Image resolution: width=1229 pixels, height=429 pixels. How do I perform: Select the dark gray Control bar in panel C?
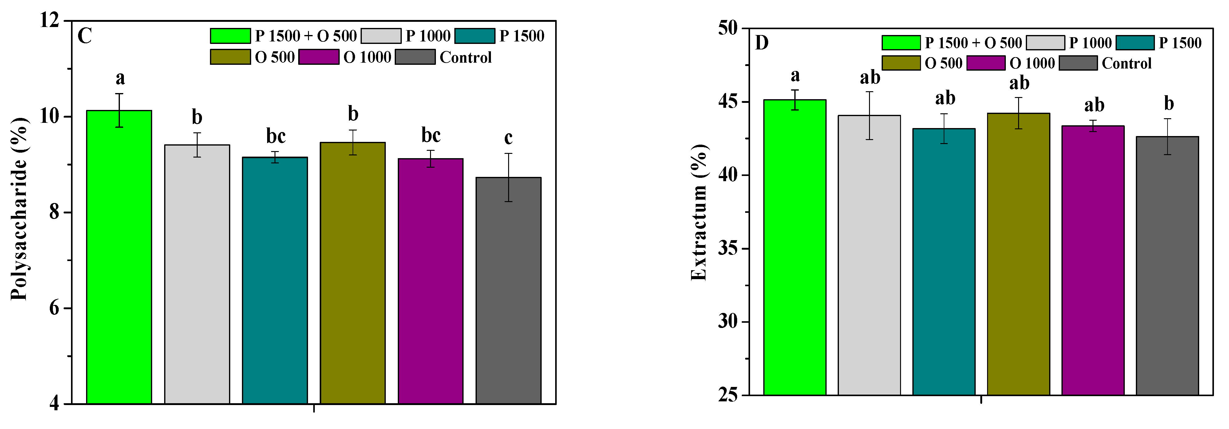click(508, 291)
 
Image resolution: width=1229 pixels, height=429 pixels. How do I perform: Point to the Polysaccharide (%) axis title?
click(20, 209)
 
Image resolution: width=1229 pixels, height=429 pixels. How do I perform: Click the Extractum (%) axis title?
click(699, 212)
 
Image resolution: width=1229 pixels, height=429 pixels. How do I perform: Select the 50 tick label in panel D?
click(728, 28)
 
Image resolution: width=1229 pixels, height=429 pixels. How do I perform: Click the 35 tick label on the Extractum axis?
click(728, 248)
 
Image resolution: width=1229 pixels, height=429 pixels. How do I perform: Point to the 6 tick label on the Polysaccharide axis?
click(54, 308)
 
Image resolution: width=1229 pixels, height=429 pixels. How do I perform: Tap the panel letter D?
click(762, 43)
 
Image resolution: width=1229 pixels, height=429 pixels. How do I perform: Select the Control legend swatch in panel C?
click(415, 57)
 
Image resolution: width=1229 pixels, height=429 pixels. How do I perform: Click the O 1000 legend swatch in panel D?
click(986, 63)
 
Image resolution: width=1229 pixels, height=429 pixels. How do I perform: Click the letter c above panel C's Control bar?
click(508, 138)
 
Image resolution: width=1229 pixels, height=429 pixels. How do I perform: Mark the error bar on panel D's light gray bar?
click(870, 115)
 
